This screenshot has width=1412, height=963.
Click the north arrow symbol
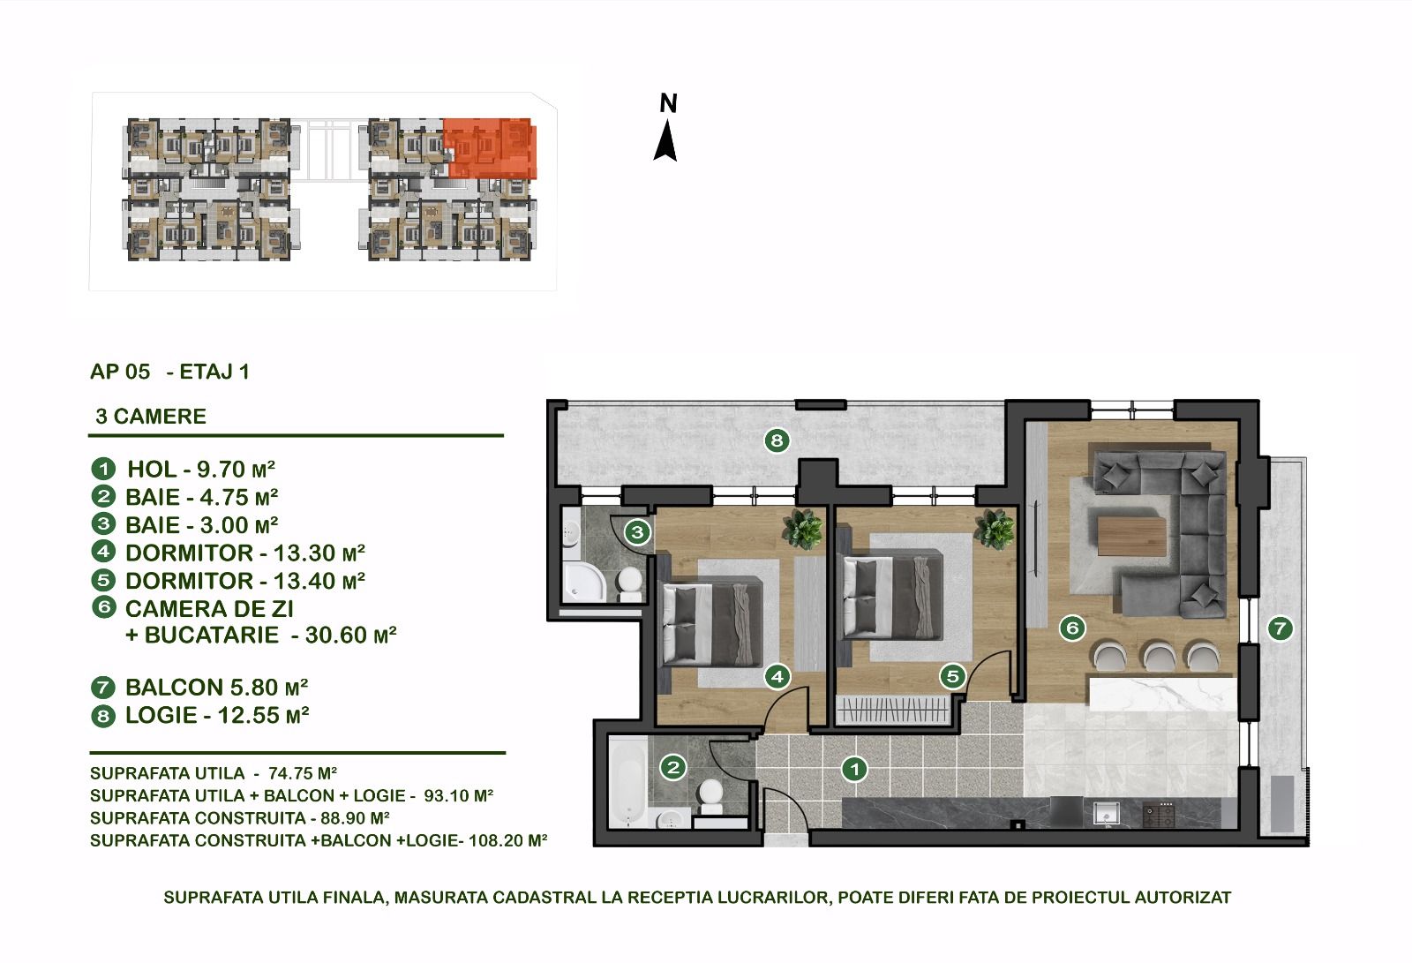coord(665,141)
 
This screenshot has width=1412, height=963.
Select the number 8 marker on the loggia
coord(777,440)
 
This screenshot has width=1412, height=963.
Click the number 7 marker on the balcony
coord(1280,628)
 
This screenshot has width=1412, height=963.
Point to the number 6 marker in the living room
coord(1072,628)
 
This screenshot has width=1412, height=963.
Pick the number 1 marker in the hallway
coord(855,769)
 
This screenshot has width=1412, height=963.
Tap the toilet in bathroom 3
coord(628,584)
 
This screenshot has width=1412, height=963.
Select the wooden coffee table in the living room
coord(1131,536)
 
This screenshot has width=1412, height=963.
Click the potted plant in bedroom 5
coord(995,529)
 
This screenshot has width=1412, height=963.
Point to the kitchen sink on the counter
coord(1107,814)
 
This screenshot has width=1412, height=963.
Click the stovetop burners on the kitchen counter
coord(1160,814)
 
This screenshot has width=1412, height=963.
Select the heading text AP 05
coord(120,372)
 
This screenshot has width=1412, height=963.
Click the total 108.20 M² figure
coord(508,840)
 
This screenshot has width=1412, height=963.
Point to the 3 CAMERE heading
coord(151,417)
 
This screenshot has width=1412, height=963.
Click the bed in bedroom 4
coord(712,624)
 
